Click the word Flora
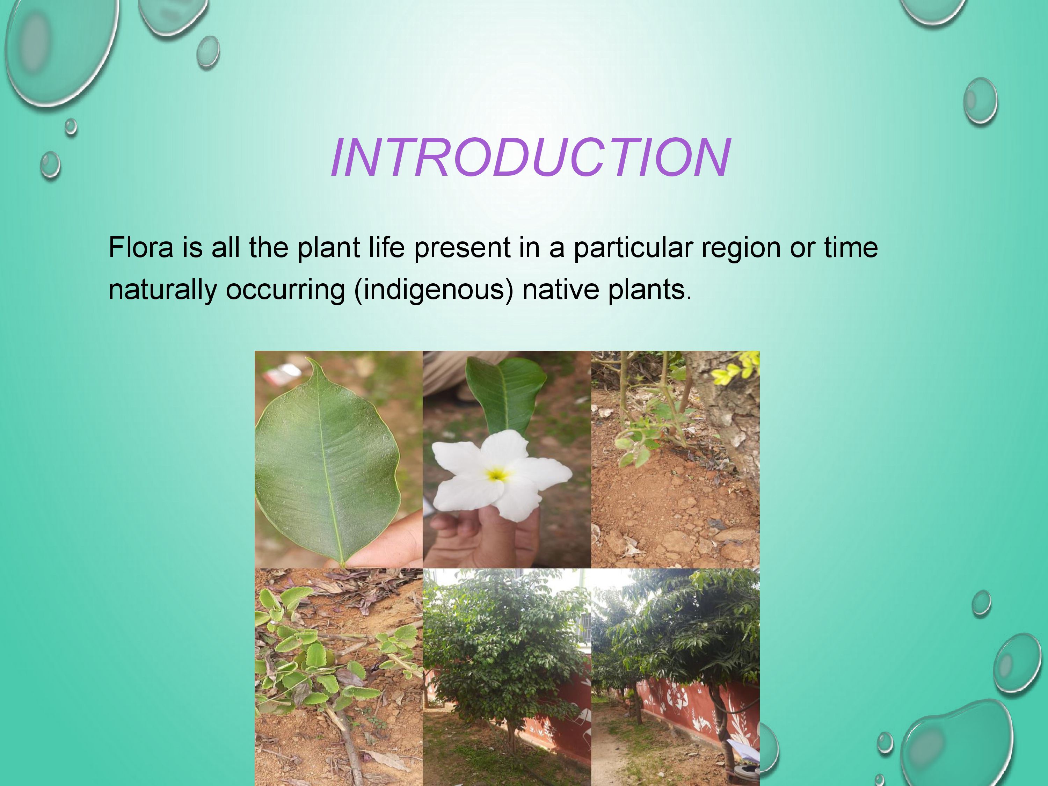[141, 247]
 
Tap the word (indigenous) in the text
[434, 290]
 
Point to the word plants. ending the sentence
[649, 290]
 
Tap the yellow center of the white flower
[496, 473]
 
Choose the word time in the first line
[851, 247]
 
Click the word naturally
[162, 290]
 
